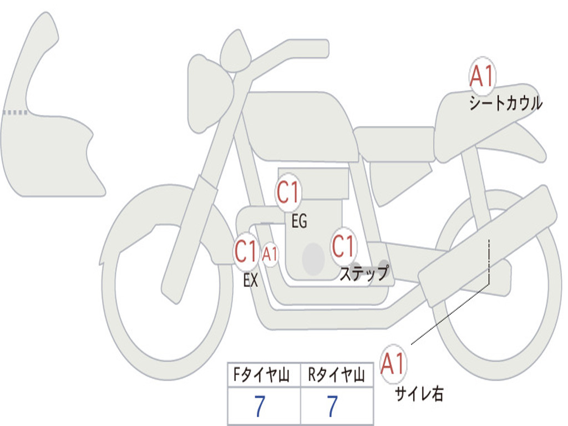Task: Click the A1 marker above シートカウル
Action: [481, 77]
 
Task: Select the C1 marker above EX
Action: [246, 252]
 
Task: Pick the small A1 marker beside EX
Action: [270, 255]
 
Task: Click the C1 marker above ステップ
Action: [343, 246]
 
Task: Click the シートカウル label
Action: [505, 104]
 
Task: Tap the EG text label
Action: [299, 222]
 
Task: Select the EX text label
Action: [251, 281]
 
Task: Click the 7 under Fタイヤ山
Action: [260, 407]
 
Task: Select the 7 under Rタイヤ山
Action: [332, 407]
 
